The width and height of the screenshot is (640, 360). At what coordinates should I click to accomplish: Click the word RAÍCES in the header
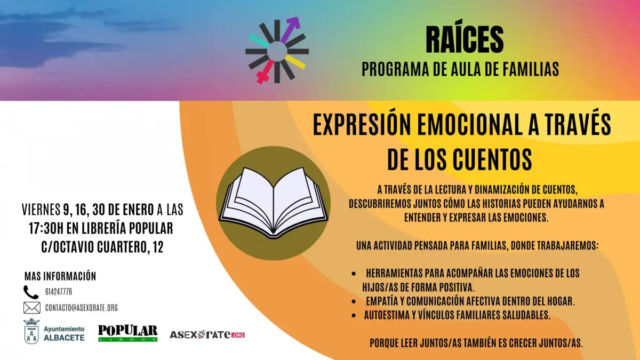465,40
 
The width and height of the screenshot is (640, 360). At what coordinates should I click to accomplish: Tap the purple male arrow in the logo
290,30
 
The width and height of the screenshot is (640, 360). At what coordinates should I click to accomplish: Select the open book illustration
274,203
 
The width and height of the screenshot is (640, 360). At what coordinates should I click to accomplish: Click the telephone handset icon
31,292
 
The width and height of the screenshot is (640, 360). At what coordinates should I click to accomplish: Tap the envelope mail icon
31,308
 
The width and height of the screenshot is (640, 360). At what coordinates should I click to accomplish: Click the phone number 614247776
59,292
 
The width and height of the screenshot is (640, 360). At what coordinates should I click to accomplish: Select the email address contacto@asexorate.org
82,308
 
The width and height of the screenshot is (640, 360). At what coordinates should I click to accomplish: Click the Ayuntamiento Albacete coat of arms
31,331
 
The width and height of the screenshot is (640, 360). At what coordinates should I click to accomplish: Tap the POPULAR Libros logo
127,333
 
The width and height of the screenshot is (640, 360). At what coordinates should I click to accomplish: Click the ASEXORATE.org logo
207,334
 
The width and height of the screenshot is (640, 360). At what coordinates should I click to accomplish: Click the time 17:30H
46,228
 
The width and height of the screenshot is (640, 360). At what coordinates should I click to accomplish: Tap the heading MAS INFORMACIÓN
60,276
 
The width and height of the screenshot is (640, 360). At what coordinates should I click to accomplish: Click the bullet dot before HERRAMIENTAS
354,274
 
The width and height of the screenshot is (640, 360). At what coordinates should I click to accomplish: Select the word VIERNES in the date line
41,210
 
